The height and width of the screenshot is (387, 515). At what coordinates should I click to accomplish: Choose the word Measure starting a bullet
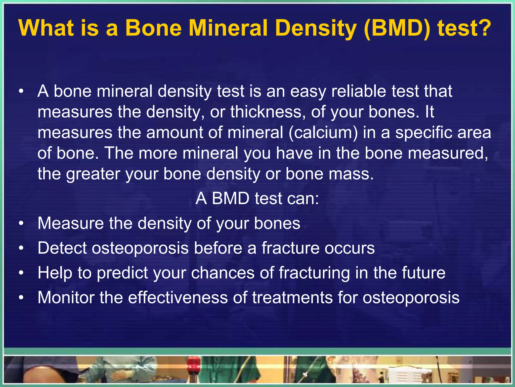[71, 223]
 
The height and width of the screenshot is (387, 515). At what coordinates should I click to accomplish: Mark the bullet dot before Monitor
[22, 298]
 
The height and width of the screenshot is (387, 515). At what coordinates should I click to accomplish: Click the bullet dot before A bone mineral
[22, 91]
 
